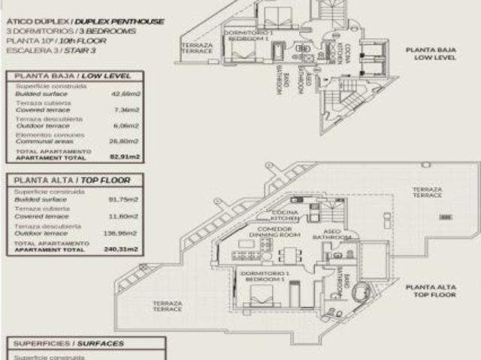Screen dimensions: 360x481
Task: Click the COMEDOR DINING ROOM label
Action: tap(269, 232)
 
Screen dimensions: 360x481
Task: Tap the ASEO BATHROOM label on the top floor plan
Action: tap(336, 234)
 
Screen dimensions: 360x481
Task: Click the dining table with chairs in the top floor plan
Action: tap(289, 255)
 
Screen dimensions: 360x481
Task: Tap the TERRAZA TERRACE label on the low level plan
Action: tap(196, 47)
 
